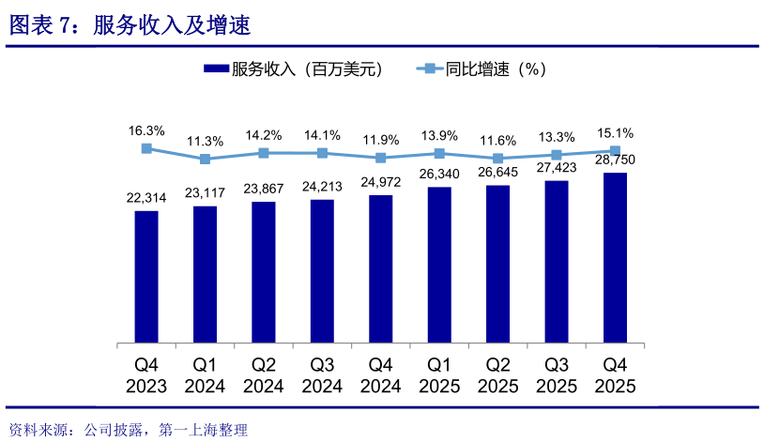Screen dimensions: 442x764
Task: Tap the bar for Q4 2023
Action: pyautogui.click(x=146, y=276)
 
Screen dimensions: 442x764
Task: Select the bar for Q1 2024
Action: pyautogui.click(x=205, y=273)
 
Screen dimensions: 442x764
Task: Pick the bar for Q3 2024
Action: pyautogui.click(x=322, y=270)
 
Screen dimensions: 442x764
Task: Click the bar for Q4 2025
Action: pyautogui.click(x=615, y=257)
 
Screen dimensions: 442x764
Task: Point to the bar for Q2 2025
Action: pyautogui.click(x=497, y=263)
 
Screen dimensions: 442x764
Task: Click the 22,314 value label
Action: pyautogui.click(x=146, y=197)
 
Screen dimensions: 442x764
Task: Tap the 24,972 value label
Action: pyautogui.click(x=380, y=181)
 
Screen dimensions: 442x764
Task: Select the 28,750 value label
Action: pyautogui.click(x=615, y=160)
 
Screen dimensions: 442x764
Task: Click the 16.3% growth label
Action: pyautogui.click(x=146, y=130)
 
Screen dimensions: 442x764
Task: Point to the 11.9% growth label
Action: pyautogui.click(x=380, y=140)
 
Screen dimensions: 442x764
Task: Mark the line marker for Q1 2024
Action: pyautogui.click(x=205, y=159)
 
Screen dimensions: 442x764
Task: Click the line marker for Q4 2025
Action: pyautogui.click(x=615, y=150)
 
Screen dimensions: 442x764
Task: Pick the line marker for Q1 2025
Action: pyautogui.click(x=439, y=153)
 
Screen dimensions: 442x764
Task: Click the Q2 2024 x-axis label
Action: pyautogui.click(x=264, y=374)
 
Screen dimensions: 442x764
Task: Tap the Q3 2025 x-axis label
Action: pyautogui.click(x=557, y=374)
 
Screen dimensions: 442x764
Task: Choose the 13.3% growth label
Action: pyautogui.click(x=557, y=136)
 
